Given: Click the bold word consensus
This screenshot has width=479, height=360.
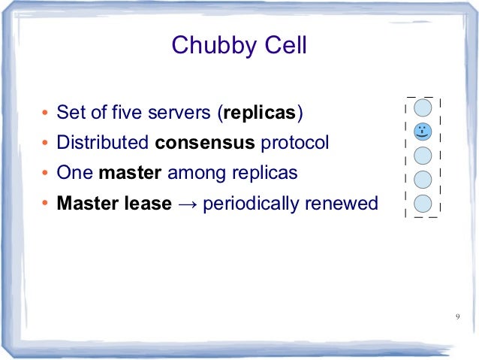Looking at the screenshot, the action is [x=206, y=143].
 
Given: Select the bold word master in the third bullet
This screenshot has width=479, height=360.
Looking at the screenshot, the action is [x=130, y=173].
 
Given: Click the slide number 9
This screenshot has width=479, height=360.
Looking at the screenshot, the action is [x=457, y=316].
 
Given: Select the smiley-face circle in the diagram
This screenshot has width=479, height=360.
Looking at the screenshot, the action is [x=423, y=131].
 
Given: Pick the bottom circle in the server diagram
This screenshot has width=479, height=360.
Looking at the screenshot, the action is [x=423, y=203].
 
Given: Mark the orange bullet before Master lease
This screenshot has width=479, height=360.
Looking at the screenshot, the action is [x=46, y=204].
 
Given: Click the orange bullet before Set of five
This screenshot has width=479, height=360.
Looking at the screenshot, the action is [x=46, y=115].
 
